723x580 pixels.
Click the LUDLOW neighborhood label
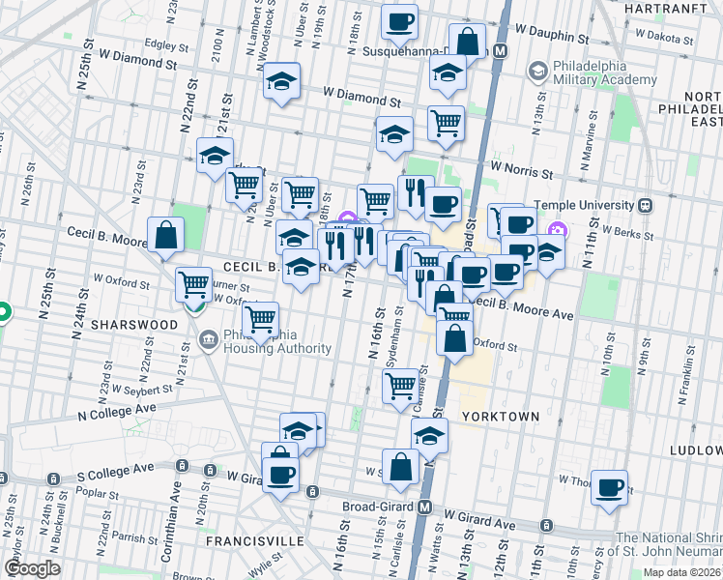pos(699,449)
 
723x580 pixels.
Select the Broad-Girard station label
pos(380,507)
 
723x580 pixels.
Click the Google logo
pos(31,568)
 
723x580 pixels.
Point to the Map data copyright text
pos(681,572)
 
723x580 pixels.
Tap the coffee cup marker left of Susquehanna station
pos(398,20)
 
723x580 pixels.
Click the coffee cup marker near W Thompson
pos(609,486)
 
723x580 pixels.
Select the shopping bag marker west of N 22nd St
pos(166,234)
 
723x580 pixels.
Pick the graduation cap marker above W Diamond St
pos(282,80)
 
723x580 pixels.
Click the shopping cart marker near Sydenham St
pos(400,385)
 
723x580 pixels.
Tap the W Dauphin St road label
pos(551,31)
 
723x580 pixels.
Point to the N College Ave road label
pos(117,410)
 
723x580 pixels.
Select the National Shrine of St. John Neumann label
pos(669,545)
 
